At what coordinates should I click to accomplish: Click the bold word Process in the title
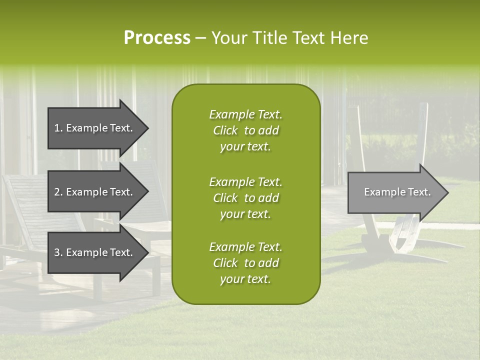click(x=157, y=38)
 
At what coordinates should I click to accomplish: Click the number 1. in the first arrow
click(x=58, y=128)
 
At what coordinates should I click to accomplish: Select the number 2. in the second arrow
click(x=58, y=192)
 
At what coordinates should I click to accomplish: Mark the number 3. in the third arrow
click(x=58, y=252)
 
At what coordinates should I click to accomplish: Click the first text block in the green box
click(x=245, y=130)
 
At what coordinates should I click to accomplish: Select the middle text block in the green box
click(x=245, y=198)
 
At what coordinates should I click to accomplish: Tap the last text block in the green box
click(x=245, y=263)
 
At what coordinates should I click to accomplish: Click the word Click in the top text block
click(x=225, y=131)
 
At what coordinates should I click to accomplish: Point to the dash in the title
click(x=200, y=38)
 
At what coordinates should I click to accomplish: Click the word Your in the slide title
click(x=227, y=38)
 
